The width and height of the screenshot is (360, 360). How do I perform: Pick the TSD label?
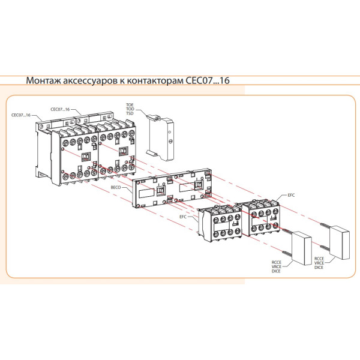click(x=130, y=113)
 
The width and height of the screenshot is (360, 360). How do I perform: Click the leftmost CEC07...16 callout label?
click(x=22, y=115)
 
